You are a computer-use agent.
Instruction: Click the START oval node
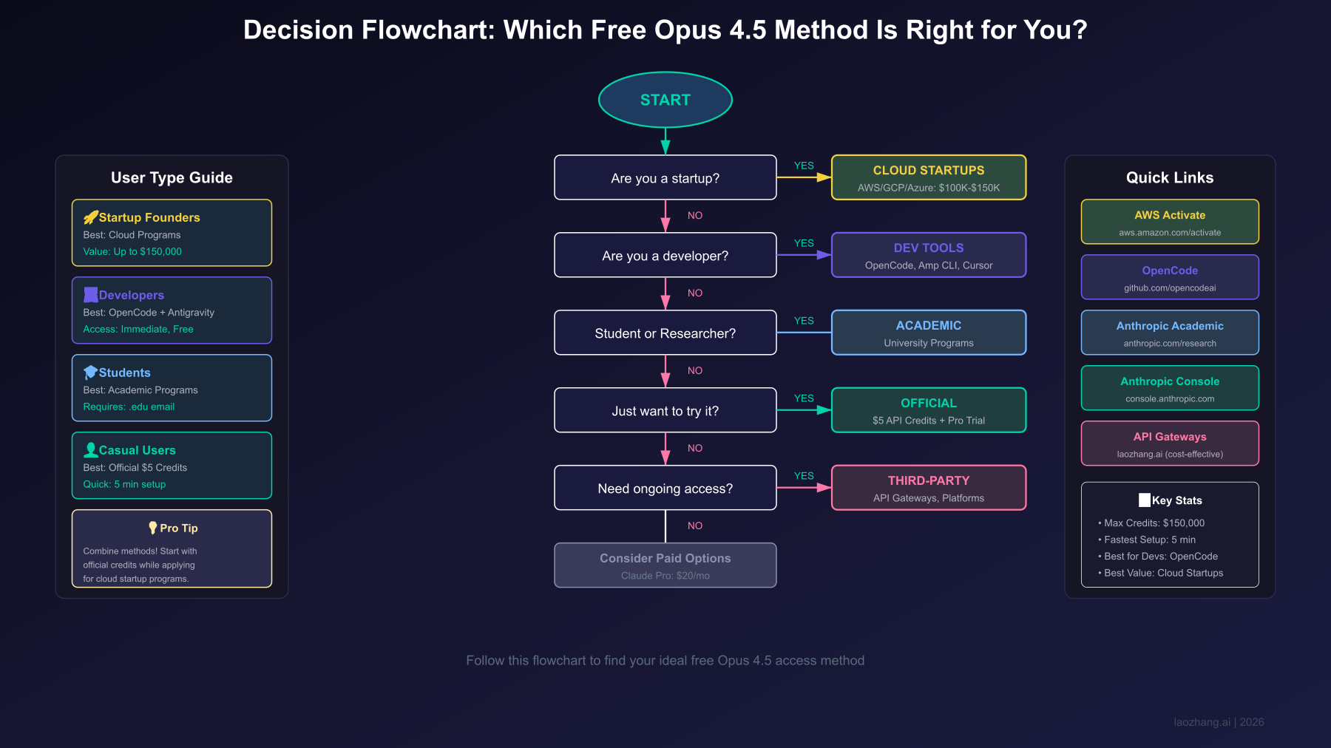coord(665,100)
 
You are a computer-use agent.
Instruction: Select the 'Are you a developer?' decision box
coord(665,256)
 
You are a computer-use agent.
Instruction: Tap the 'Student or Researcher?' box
coord(665,333)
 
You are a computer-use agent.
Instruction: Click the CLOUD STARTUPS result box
coord(928,177)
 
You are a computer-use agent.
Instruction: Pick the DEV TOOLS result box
coord(928,255)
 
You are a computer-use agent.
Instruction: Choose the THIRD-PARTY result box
coord(928,488)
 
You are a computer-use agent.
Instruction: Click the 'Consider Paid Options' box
coord(665,565)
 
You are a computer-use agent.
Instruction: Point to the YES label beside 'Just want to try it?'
coord(804,398)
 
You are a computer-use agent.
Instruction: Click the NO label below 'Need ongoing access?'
coord(695,526)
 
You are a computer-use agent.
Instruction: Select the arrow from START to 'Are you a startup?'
coord(665,140)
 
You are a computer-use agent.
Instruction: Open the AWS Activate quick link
coord(1170,222)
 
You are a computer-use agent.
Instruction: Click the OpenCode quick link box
coord(1170,277)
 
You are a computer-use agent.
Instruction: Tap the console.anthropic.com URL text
coord(1170,399)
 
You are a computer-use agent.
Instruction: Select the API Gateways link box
coord(1170,443)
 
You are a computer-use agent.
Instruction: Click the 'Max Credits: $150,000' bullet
coord(1154,523)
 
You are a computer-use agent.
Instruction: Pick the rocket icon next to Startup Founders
coord(90,217)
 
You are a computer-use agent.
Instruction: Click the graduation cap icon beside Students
coord(90,373)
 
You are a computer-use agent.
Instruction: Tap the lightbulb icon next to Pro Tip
coord(152,528)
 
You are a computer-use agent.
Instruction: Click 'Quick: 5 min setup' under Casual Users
coord(124,484)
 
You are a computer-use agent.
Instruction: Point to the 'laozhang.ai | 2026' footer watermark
coord(1219,722)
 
